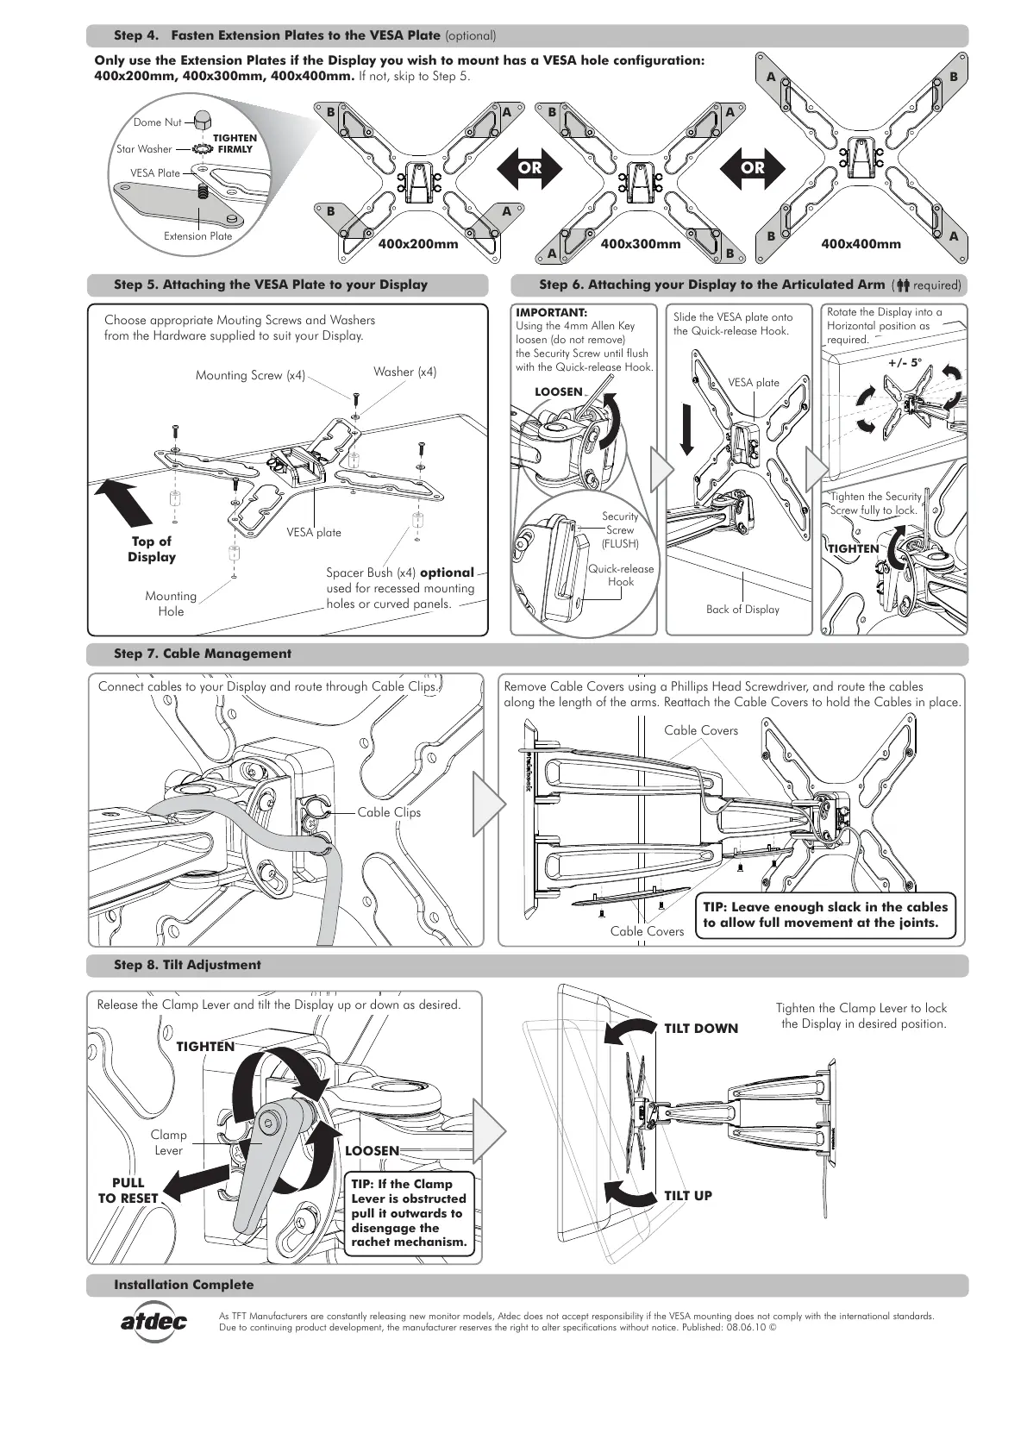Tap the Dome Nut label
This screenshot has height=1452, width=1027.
tap(157, 122)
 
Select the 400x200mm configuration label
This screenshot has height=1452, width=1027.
tap(418, 244)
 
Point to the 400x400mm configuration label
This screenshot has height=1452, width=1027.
tap(861, 244)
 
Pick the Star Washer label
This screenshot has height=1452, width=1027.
tap(144, 149)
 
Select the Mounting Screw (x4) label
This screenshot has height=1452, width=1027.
tap(250, 375)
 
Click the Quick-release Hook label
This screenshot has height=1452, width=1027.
tap(621, 575)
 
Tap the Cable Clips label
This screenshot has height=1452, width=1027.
tap(389, 812)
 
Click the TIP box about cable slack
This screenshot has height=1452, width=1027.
tap(825, 915)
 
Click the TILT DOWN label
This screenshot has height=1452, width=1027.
tap(701, 1028)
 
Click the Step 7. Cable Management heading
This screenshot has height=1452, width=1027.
tap(203, 654)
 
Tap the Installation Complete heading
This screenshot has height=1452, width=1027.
tap(184, 1285)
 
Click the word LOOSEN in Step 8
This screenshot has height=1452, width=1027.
tap(372, 1151)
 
